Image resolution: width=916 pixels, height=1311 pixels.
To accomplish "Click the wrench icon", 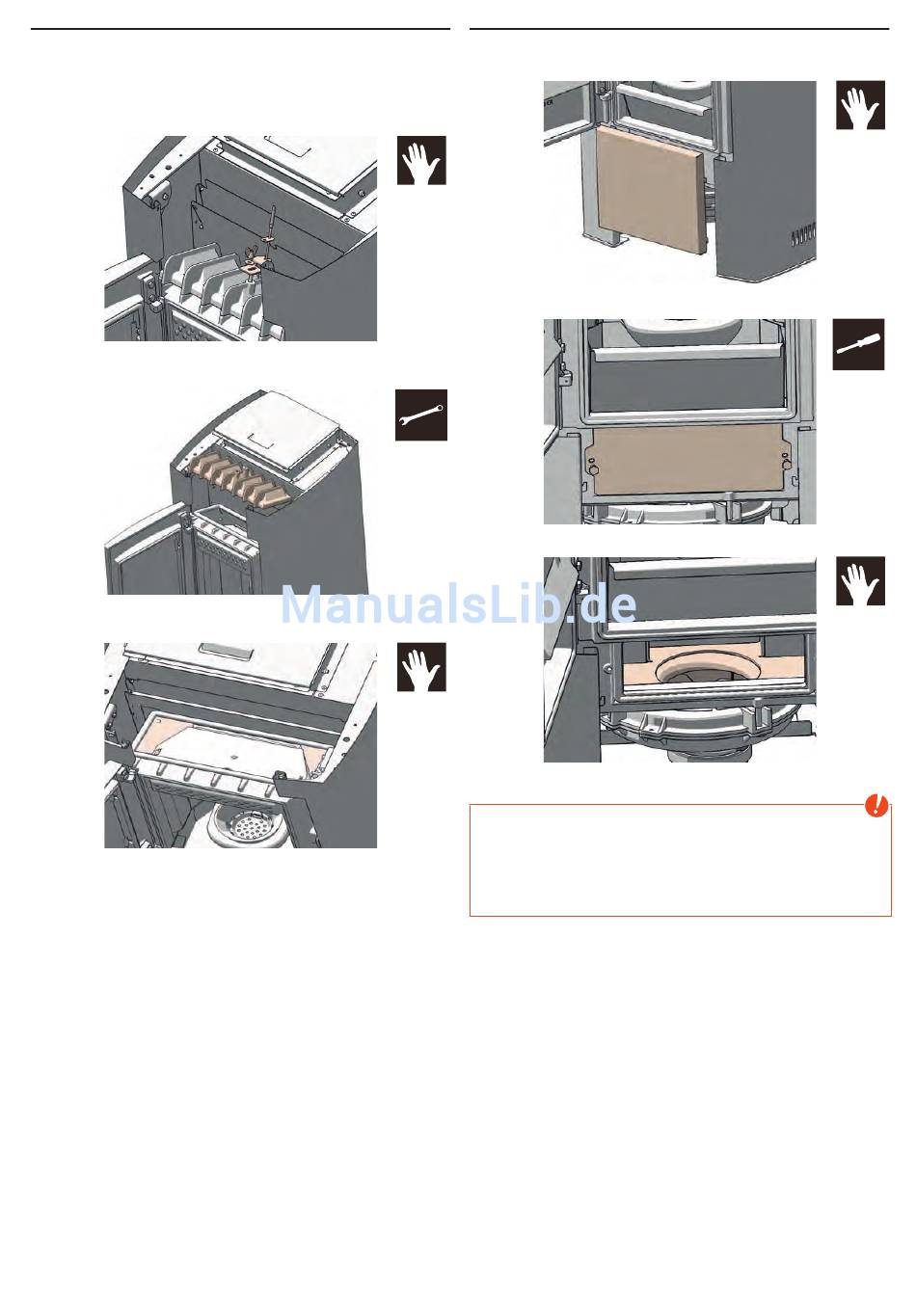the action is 420,415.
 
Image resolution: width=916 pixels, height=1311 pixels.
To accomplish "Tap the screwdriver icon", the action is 858,344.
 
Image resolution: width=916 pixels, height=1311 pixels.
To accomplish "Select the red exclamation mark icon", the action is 876,806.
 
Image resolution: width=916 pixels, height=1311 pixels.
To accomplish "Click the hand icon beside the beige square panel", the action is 860,105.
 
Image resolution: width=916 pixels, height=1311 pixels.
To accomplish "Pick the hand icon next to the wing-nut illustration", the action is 421,160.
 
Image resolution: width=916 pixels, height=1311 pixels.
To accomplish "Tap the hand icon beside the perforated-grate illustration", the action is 421,667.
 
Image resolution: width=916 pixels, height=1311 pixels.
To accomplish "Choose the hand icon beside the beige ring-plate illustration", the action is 860,580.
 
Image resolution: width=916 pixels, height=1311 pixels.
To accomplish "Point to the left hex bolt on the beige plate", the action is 592,468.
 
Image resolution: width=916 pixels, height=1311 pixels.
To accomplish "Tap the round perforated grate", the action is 241,826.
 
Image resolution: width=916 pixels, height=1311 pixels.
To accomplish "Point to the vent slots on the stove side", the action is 802,237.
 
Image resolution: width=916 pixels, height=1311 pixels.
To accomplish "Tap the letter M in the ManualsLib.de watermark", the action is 305,605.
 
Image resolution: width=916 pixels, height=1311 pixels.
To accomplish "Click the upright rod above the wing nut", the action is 272,234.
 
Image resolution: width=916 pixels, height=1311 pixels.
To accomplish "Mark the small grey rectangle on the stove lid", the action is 227,649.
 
